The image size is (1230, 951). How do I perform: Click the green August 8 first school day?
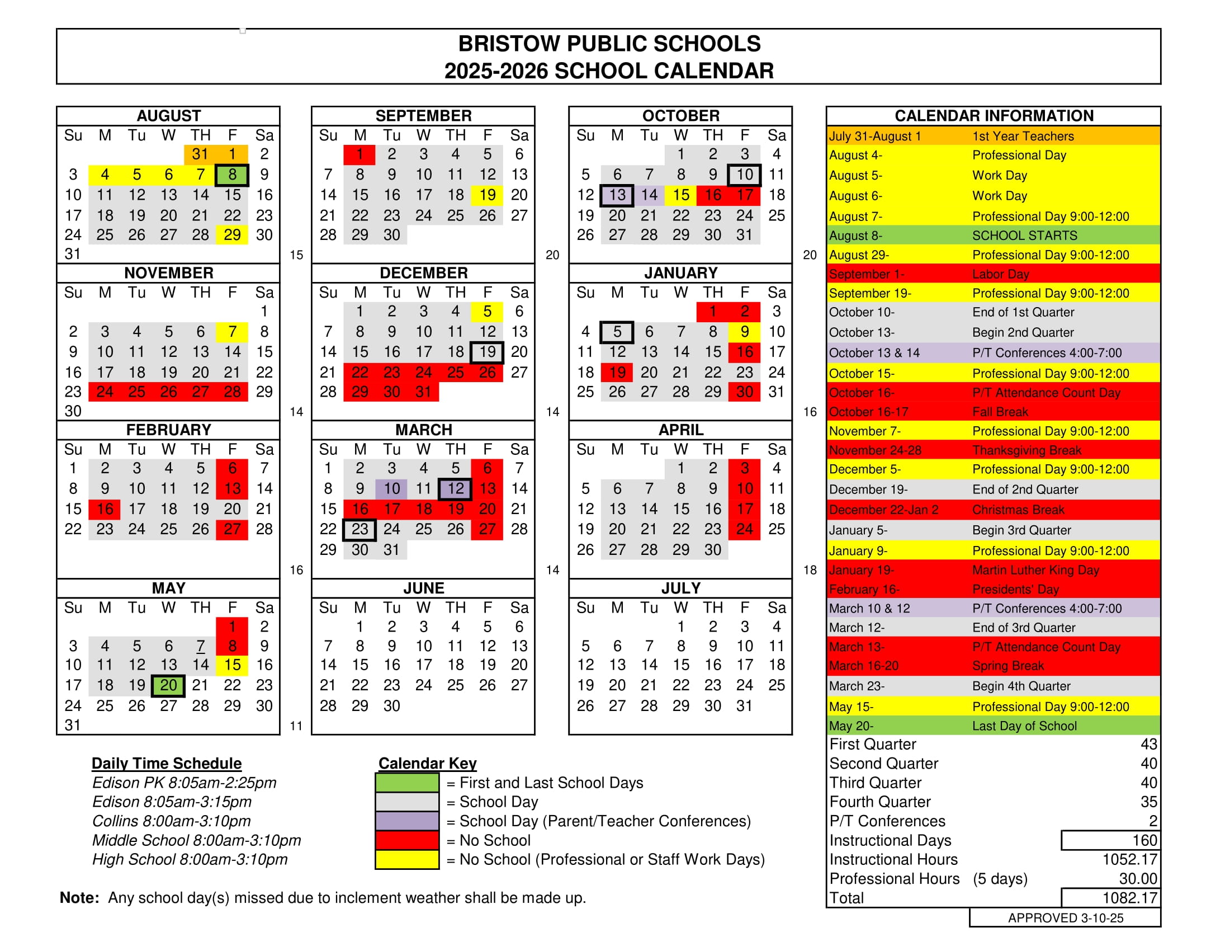pos(232,175)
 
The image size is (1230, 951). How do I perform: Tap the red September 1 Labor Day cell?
pos(360,154)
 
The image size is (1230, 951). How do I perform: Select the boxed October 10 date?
pos(745,175)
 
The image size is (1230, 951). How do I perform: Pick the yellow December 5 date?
pos(487,312)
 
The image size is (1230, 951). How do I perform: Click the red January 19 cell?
pos(617,373)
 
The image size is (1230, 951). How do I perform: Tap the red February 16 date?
pos(105,509)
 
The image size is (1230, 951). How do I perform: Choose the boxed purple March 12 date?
pos(455,488)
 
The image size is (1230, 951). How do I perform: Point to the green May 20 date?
pos(168,686)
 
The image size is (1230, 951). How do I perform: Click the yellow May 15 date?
pos(232,665)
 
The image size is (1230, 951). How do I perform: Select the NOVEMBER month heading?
pos(168,273)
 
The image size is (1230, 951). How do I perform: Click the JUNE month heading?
pos(424,588)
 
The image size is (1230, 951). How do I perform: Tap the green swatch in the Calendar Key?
pos(406,783)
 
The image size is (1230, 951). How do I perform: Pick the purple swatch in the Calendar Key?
pos(406,821)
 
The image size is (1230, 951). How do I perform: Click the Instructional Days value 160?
pos(1144,841)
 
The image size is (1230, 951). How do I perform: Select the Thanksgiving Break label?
pos(1026,450)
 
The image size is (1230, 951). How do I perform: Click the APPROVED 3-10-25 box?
pos(1065,919)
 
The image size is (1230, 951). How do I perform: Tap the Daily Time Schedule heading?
pos(167,764)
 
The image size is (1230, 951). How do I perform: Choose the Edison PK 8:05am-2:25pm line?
pos(184,783)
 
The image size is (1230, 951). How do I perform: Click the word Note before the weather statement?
pos(79,898)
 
